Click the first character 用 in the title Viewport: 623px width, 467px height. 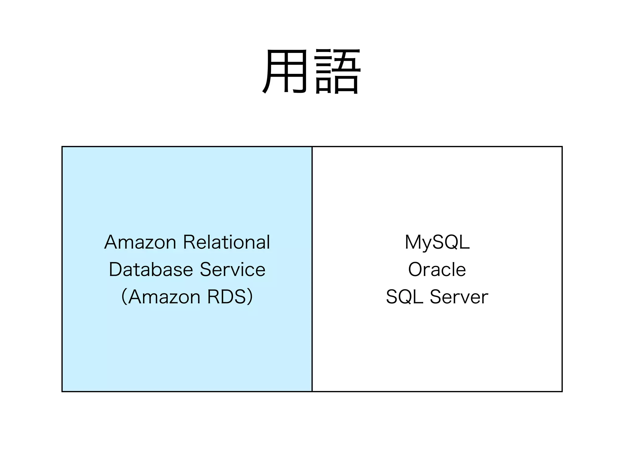(284, 71)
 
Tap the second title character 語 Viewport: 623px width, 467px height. (338, 71)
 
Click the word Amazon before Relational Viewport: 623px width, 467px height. (140, 242)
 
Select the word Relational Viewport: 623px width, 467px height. (227, 242)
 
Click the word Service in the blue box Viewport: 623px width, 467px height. (233, 270)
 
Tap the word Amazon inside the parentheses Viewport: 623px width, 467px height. (164, 297)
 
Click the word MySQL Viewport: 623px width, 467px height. (437, 242)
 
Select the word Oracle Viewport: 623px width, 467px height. (437, 270)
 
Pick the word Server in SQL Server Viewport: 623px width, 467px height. (459, 297)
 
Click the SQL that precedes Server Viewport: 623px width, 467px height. (404, 297)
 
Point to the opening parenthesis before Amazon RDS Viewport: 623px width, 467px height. (124, 297)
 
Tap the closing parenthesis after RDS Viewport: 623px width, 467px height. (250, 297)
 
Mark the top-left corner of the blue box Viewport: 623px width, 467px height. (62, 147)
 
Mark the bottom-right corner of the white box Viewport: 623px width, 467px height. (562, 391)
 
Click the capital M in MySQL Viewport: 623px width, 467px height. (413, 242)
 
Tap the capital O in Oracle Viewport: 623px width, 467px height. (416, 270)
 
